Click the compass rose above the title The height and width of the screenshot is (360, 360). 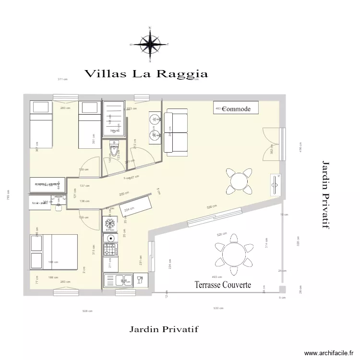[150, 45]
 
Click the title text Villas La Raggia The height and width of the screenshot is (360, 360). [146, 74]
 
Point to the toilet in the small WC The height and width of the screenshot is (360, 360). [114, 149]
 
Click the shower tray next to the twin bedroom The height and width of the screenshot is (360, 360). [113, 119]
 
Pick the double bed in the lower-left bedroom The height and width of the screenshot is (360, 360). [54, 252]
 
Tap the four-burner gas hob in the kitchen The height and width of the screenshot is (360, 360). [110, 250]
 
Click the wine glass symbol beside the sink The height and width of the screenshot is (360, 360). [140, 279]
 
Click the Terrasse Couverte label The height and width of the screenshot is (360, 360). [223, 285]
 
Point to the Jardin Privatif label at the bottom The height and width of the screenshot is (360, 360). [164, 329]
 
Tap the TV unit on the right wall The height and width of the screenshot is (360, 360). [276, 184]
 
